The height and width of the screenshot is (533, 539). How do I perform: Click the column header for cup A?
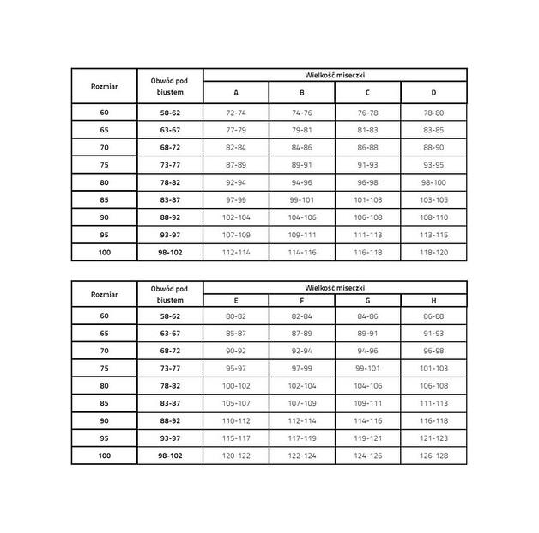236,93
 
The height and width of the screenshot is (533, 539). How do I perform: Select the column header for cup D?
433,93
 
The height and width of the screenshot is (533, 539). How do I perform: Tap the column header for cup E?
236,301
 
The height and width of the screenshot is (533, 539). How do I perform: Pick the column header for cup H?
433,301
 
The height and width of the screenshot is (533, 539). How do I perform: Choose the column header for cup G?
367,301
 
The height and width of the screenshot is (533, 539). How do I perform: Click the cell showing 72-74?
236,113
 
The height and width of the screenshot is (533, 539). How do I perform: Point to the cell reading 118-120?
433,252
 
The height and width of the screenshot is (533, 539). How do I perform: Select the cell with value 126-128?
433,456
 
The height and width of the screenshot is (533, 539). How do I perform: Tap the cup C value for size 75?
367,164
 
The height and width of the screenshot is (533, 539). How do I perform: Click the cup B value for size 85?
302,199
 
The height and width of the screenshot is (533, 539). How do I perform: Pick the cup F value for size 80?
302,386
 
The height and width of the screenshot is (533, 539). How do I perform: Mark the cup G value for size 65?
367,334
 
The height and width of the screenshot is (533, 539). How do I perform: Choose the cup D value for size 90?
433,217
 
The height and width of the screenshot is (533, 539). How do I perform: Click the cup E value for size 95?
236,438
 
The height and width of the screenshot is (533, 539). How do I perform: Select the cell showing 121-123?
433,438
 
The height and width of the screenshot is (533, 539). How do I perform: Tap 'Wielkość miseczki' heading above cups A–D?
335,75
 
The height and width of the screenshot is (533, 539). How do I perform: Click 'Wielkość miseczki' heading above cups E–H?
335,285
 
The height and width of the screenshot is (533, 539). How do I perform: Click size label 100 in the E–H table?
104,456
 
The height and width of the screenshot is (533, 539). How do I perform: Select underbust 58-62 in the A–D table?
170,113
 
